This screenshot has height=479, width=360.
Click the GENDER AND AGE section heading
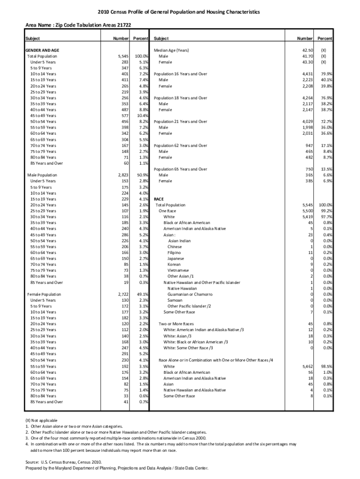(42, 50)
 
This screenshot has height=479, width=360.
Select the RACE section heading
(159, 199)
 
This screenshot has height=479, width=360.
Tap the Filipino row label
(174, 253)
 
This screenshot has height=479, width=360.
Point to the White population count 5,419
(307, 217)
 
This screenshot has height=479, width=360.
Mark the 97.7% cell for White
(326, 217)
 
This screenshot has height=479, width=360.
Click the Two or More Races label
(176, 324)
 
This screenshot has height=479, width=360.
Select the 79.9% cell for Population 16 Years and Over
(326, 74)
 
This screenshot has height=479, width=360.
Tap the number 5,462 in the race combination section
(307, 366)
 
